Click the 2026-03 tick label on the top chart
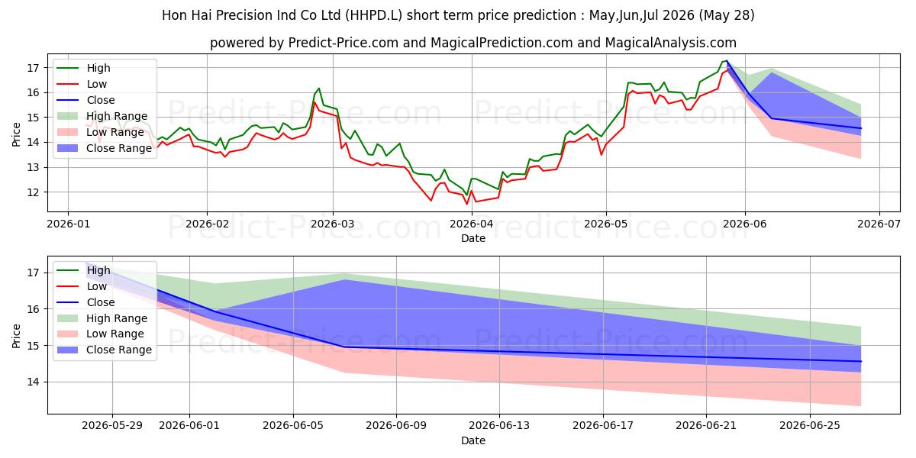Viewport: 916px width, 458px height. (333, 224)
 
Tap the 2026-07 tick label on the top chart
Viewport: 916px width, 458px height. (879, 224)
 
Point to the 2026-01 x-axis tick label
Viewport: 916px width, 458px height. (68, 224)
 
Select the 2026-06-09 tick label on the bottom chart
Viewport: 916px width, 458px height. (396, 426)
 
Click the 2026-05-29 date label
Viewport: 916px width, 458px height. (112, 426)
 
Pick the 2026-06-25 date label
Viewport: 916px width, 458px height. (810, 426)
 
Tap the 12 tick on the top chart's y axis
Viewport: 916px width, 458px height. (33, 192)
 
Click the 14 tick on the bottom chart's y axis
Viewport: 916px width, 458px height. (33, 382)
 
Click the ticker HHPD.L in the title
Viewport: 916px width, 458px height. (373, 15)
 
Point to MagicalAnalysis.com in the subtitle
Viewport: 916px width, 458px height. (671, 43)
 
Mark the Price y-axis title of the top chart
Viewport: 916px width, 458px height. (16, 134)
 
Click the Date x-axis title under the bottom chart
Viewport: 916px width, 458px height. (473, 440)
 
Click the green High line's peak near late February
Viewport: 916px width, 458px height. (319, 89)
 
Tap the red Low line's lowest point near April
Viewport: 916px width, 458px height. (467, 204)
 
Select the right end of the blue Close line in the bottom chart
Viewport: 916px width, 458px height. (861, 362)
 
